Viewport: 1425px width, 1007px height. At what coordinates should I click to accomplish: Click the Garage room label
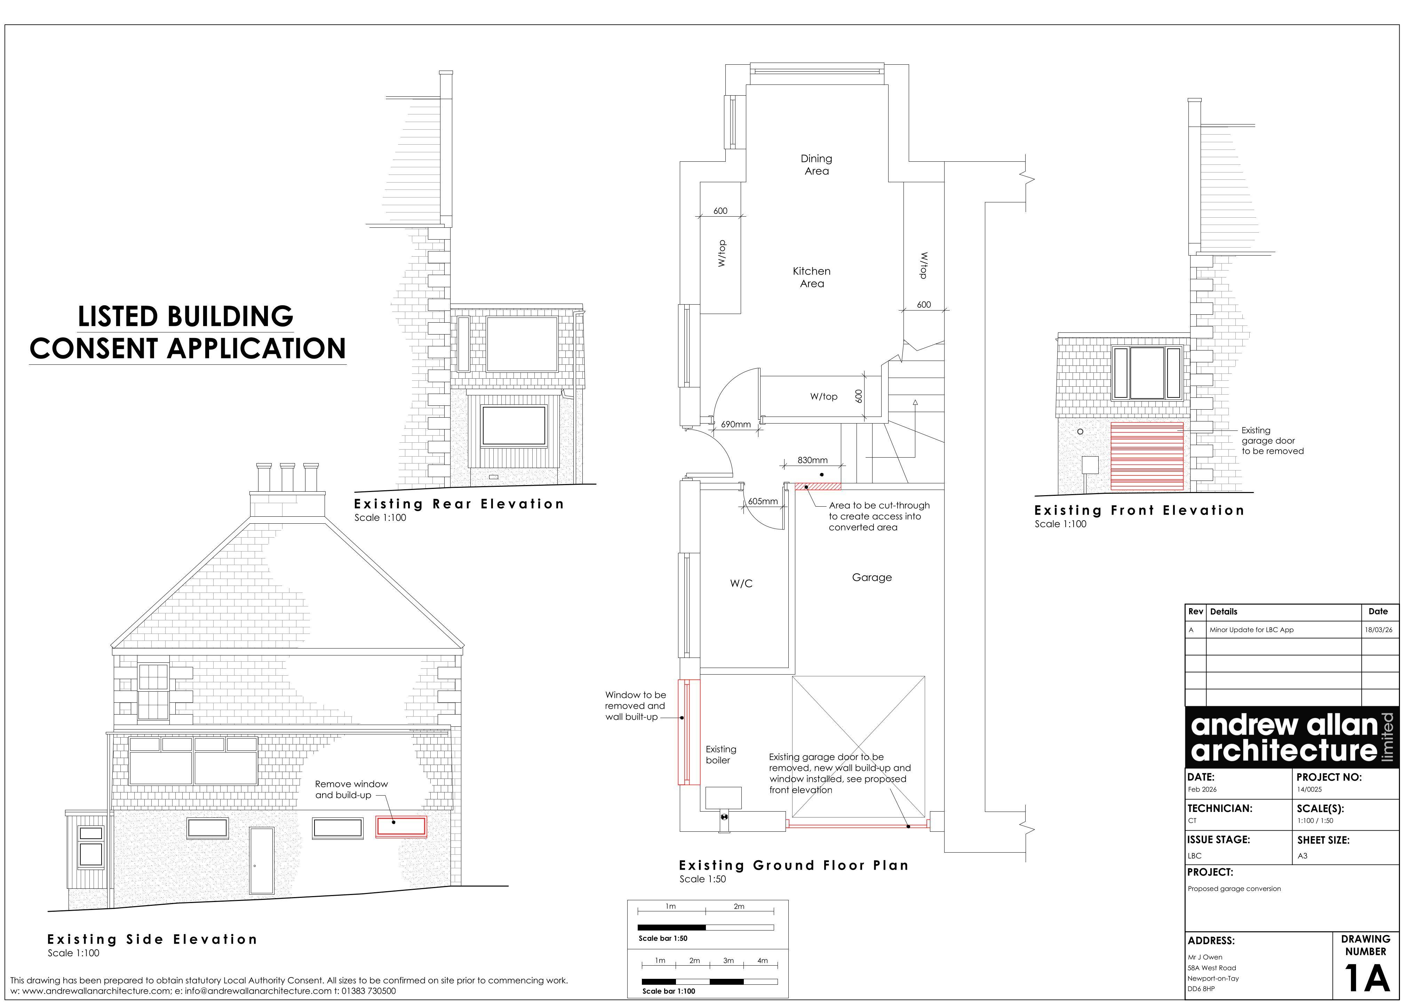point(871,578)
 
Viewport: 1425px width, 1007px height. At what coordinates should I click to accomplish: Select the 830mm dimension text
point(812,460)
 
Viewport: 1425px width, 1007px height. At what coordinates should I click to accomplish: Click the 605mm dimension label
point(763,501)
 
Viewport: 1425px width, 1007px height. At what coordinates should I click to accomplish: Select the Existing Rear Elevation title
point(459,504)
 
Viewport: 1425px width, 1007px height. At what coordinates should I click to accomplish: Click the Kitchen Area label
point(812,277)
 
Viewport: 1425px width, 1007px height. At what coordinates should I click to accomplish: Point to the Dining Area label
point(816,165)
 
